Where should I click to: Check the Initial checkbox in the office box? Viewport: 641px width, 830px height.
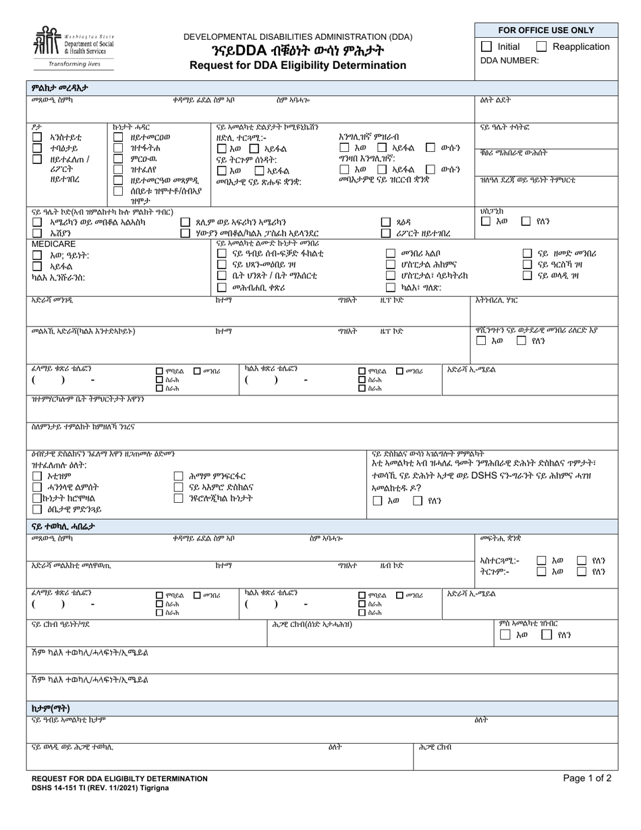486,47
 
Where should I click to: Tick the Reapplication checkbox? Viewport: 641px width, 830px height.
541,47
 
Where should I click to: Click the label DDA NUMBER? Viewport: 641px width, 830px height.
509,60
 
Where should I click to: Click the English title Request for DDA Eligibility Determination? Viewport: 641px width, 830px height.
298,65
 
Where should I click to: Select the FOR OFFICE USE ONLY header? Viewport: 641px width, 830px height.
546,30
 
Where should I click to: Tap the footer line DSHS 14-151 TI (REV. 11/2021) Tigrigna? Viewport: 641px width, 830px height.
101,787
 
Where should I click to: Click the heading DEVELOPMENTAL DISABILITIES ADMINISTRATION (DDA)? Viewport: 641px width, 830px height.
298,36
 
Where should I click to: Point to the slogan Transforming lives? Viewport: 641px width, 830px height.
74,64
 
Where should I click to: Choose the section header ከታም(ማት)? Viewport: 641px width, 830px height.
51,708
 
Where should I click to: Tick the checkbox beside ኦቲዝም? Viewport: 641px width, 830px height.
37,476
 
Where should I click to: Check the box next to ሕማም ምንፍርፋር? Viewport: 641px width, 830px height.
178,476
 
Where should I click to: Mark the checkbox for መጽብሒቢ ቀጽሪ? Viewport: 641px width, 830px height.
221,287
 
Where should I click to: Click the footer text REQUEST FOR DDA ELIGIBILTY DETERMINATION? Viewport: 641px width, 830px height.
119,779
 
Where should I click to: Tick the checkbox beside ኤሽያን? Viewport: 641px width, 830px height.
37,233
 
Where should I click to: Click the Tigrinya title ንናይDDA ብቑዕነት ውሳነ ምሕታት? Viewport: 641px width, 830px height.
298,51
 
